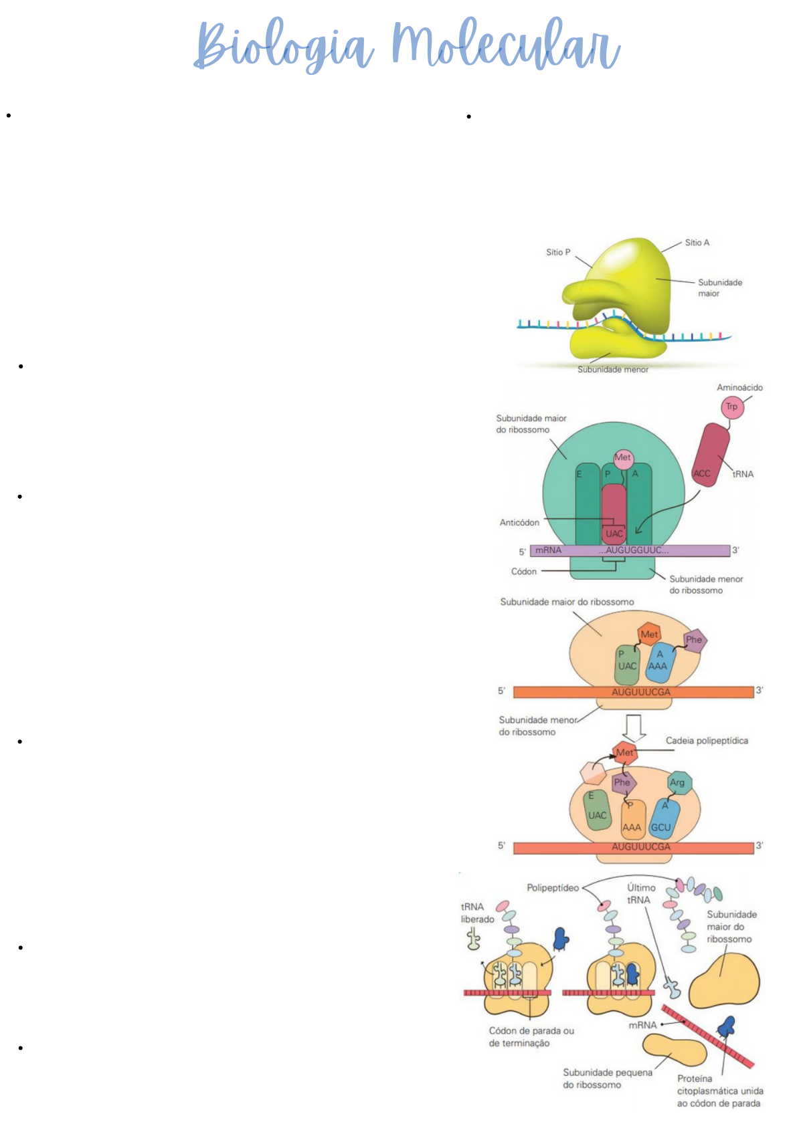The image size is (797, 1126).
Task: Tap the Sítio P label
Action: click(x=558, y=252)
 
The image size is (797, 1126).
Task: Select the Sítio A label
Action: click(x=697, y=243)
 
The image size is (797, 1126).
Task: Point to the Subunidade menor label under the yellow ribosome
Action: click(x=612, y=369)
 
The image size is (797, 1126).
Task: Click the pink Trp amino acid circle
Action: click(x=732, y=407)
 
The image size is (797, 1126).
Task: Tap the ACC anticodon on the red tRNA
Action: click(x=702, y=473)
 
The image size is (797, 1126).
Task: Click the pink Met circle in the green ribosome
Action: click(x=623, y=458)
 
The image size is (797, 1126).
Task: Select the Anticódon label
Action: click(x=519, y=522)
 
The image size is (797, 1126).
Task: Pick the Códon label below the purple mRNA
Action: click(x=524, y=572)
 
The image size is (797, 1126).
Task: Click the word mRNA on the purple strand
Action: click(x=548, y=550)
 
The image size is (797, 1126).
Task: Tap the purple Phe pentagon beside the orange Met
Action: click(x=694, y=640)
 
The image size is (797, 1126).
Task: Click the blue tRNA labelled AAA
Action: click(x=659, y=663)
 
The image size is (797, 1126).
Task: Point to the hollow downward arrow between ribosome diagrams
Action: click(x=633, y=727)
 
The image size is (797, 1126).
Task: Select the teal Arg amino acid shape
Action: click(x=678, y=782)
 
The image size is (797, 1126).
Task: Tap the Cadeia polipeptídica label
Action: click(x=707, y=741)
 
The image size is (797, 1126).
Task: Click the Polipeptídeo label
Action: click(x=553, y=888)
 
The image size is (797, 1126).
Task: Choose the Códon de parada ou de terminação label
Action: click(x=531, y=1037)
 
